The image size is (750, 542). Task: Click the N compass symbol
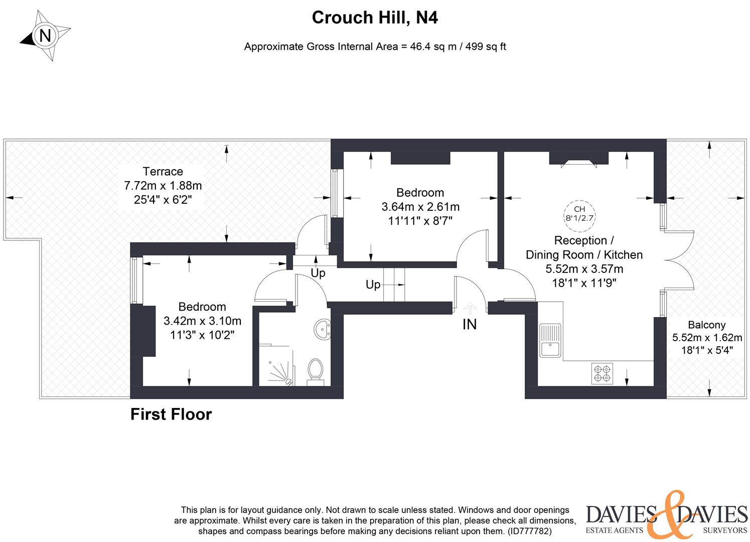[45, 36]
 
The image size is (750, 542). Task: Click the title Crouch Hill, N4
[375, 18]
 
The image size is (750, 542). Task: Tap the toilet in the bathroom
[315, 370]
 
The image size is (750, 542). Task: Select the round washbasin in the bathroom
[322, 329]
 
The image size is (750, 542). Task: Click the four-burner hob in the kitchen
[602, 373]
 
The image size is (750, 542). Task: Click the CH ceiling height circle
[579, 213]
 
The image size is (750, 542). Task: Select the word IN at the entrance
[470, 325]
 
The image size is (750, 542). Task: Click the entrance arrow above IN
[470, 307]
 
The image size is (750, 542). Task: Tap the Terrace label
[163, 172]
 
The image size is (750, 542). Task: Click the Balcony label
[706, 325]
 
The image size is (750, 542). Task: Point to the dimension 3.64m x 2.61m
[420, 207]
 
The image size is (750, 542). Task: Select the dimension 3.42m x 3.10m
[202, 321]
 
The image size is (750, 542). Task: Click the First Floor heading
[171, 415]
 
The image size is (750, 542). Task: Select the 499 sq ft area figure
[486, 47]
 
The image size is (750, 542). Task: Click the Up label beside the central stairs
[373, 285]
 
